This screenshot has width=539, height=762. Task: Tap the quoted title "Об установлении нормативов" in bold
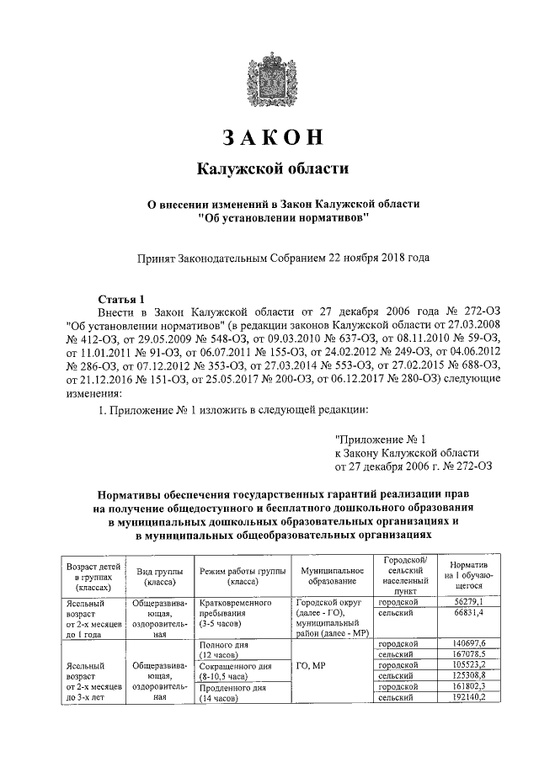(x=283, y=217)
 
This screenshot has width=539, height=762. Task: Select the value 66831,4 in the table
(x=470, y=615)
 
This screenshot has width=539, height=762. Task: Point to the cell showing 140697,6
(x=470, y=643)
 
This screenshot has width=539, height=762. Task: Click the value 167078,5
(x=470, y=654)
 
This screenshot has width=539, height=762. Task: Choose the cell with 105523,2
(x=470, y=665)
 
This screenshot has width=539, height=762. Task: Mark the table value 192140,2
(x=470, y=698)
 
